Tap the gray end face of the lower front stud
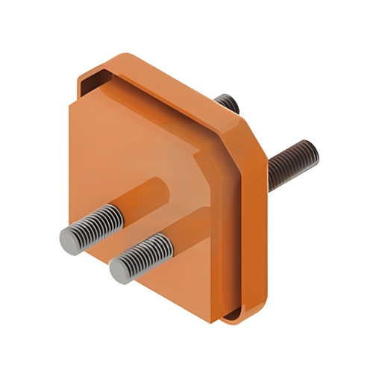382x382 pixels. pos(120,271)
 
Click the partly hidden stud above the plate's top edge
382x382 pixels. pos(227,102)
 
